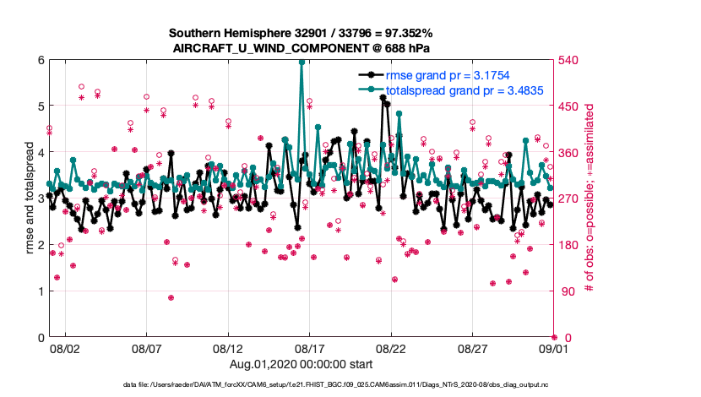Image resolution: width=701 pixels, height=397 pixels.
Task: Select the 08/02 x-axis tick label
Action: pyautogui.click(x=65, y=347)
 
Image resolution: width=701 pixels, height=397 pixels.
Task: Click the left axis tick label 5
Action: pyautogui.click(x=40, y=106)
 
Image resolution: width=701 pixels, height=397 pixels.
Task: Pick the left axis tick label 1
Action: pyautogui.click(x=40, y=291)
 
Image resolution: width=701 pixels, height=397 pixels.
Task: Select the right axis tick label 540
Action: pyautogui.click(x=570, y=60)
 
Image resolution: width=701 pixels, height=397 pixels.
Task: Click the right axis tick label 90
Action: pyautogui.click(x=567, y=291)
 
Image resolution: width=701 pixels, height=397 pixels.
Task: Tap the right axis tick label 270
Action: pyautogui.click(x=570, y=198)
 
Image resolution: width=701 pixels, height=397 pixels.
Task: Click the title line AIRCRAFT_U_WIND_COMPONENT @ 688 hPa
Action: pyautogui.click(x=302, y=47)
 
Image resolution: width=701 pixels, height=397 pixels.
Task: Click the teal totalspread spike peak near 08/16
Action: pyautogui.click(x=302, y=62)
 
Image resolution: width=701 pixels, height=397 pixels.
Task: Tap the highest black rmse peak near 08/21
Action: pyautogui.click(x=383, y=97)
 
